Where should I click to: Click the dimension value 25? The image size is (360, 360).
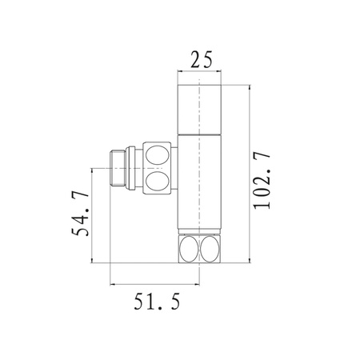click(x=202, y=59)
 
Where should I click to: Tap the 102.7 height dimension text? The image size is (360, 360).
click(x=262, y=181)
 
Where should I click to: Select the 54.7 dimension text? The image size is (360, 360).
click(x=80, y=214)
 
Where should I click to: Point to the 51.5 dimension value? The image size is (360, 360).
click(x=157, y=301)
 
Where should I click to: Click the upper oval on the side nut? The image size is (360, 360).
click(x=157, y=154)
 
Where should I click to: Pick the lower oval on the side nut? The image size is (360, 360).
click(x=157, y=182)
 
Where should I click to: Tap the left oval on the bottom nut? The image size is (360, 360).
click(x=189, y=249)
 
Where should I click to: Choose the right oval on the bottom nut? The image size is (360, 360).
click(x=210, y=249)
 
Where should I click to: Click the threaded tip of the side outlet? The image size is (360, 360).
click(x=118, y=169)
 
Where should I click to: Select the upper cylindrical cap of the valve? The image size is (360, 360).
click(x=199, y=109)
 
